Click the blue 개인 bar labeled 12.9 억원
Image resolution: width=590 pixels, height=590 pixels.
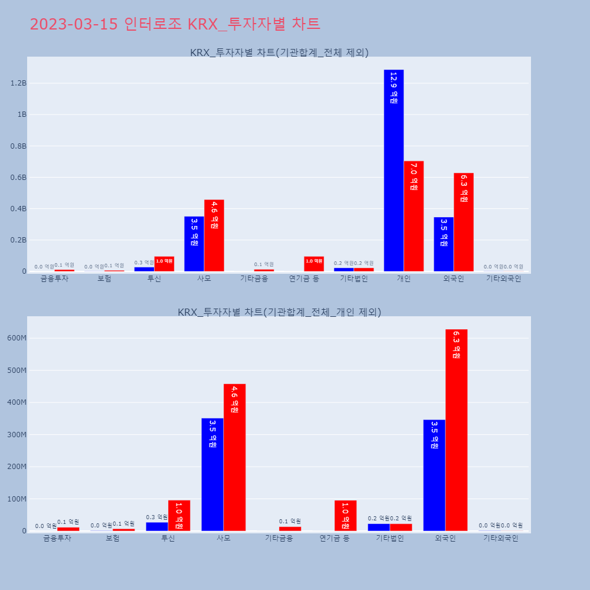click(394, 171)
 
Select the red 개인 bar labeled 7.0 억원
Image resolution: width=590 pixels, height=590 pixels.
click(414, 216)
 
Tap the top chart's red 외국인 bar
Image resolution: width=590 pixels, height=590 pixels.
click(464, 222)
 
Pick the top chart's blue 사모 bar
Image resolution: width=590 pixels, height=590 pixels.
click(194, 244)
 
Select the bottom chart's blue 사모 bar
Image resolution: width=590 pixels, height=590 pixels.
click(212, 474)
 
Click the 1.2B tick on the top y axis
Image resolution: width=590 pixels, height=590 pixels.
click(18, 83)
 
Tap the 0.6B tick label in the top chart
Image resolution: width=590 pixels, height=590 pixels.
click(18, 178)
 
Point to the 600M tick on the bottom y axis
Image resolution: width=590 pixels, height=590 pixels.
click(16, 338)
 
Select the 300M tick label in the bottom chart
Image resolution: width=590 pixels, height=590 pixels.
click(16, 435)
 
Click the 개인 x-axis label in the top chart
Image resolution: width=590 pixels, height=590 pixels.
click(404, 279)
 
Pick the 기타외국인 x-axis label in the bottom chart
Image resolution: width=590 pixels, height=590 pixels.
click(500, 538)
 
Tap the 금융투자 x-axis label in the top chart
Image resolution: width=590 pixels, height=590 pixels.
click(54, 279)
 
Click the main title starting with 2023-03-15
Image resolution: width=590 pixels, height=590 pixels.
click(175, 24)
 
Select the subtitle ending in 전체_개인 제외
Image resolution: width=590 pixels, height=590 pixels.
click(279, 312)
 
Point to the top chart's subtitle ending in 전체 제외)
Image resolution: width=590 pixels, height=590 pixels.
click(279, 53)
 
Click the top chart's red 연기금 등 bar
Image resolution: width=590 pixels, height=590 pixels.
click(314, 264)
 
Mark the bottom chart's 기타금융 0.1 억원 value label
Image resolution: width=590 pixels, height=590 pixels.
click(290, 522)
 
